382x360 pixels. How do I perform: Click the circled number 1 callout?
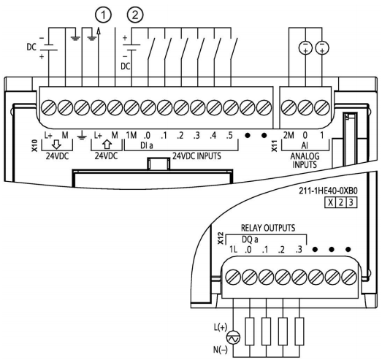tap(103, 15)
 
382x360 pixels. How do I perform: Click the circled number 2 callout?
tap(135, 15)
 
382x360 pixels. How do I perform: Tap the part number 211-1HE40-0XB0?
tap(328, 191)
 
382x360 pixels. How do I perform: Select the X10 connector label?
tap(35, 145)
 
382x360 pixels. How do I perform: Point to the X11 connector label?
tap(275, 146)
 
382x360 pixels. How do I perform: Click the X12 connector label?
tap(221, 238)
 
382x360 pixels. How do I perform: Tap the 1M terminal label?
tap(131, 135)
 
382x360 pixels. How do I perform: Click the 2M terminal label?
tap(289, 135)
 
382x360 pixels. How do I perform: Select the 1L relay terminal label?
tap(233, 250)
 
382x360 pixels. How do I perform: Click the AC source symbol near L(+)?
tap(233, 338)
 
